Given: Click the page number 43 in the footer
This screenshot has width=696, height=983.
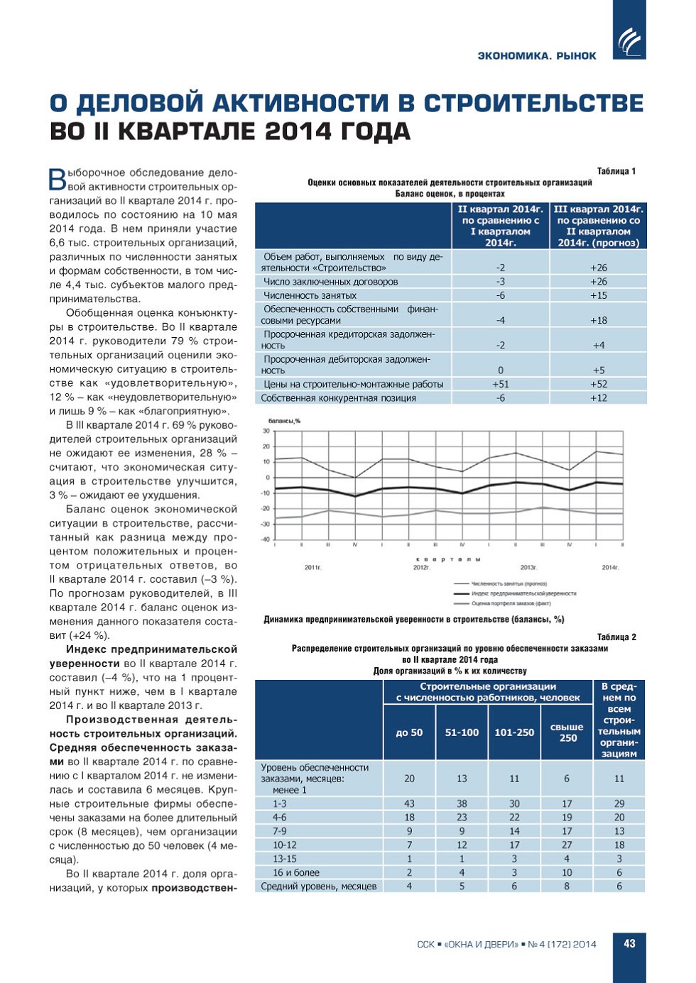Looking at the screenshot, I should (x=629, y=943).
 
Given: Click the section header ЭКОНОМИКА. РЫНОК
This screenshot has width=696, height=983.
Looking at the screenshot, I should (x=537, y=56).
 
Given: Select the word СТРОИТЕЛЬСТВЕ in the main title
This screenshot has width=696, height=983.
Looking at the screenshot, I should (x=533, y=104).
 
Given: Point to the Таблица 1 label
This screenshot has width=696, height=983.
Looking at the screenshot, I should (x=616, y=171).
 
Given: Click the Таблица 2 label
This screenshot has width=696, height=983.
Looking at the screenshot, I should (x=616, y=637).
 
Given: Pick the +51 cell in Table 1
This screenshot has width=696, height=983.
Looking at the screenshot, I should (x=500, y=384).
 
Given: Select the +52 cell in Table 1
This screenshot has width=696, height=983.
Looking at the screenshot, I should (x=598, y=384).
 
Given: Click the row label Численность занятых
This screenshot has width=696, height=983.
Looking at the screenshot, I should (x=310, y=295).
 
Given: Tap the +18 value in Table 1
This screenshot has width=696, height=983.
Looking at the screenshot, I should (x=598, y=320).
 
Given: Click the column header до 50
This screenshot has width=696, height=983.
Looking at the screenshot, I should (x=409, y=732).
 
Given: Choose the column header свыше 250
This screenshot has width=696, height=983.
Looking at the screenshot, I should (x=567, y=732).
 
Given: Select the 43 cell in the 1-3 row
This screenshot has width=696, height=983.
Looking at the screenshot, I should (x=409, y=803).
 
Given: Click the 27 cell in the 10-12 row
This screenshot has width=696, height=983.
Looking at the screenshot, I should (x=567, y=845).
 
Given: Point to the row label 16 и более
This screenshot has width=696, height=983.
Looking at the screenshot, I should (x=296, y=872).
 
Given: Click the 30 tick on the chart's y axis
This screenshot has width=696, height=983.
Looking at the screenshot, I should (x=266, y=431).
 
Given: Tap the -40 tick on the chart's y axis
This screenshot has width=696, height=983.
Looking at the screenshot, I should (x=265, y=539).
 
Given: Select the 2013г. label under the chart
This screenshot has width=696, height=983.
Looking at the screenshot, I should (x=528, y=567).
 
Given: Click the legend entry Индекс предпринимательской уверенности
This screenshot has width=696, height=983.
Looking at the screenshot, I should (x=523, y=593).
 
